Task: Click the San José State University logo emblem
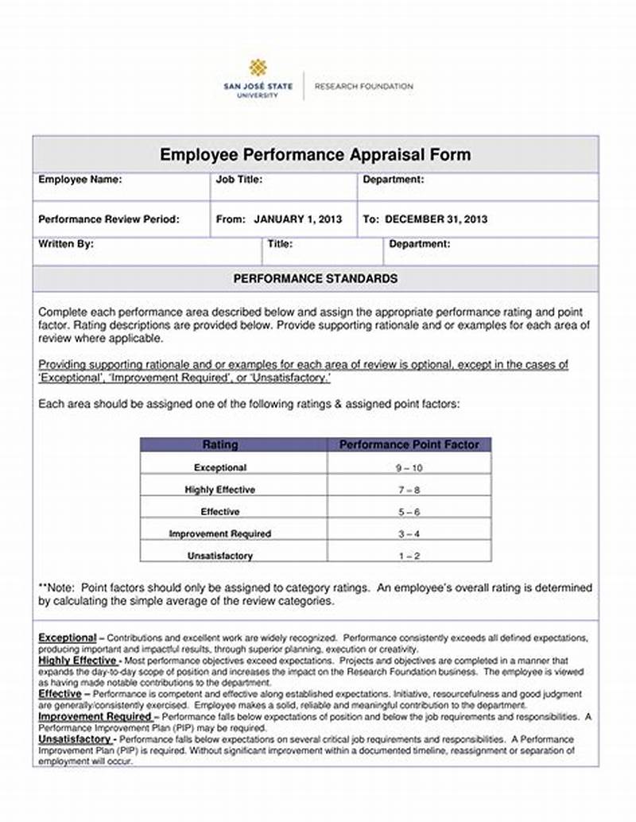pyautogui.click(x=258, y=68)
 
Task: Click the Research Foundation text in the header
pyautogui.click(x=364, y=86)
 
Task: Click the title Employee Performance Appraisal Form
pyautogui.click(x=316, y=154)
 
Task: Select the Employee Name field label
pyautogui.click(x=80, y=180)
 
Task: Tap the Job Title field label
pyautogui.click(x=239, y=180)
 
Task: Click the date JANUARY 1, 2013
pyautogui.click(x=297, y=219)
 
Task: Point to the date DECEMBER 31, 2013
pyautogui.click(x=436, y=219)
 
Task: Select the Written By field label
pyautogui.click(x=66, y=245)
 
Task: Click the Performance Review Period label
pyautogui.click(x=109, y=219)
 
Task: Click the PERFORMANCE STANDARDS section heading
pyautogui.click(x=316, y=279)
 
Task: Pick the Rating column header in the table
pyautogui.click(x=220, y=444)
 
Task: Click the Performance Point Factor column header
pyautogui.click(x=409, y=444)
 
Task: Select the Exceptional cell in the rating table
pyautogui.click(x=220, y=467)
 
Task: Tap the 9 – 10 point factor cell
pyautogui.click(x=409, y=468)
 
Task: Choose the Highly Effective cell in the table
pyautogui.click(x=220, y=490)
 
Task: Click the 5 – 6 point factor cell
pyautogui.click(x=409, y=512)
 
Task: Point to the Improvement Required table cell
pyautogui.click(x=220, y=533)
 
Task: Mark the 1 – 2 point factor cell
pyautogui.click(x=409, y=556)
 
